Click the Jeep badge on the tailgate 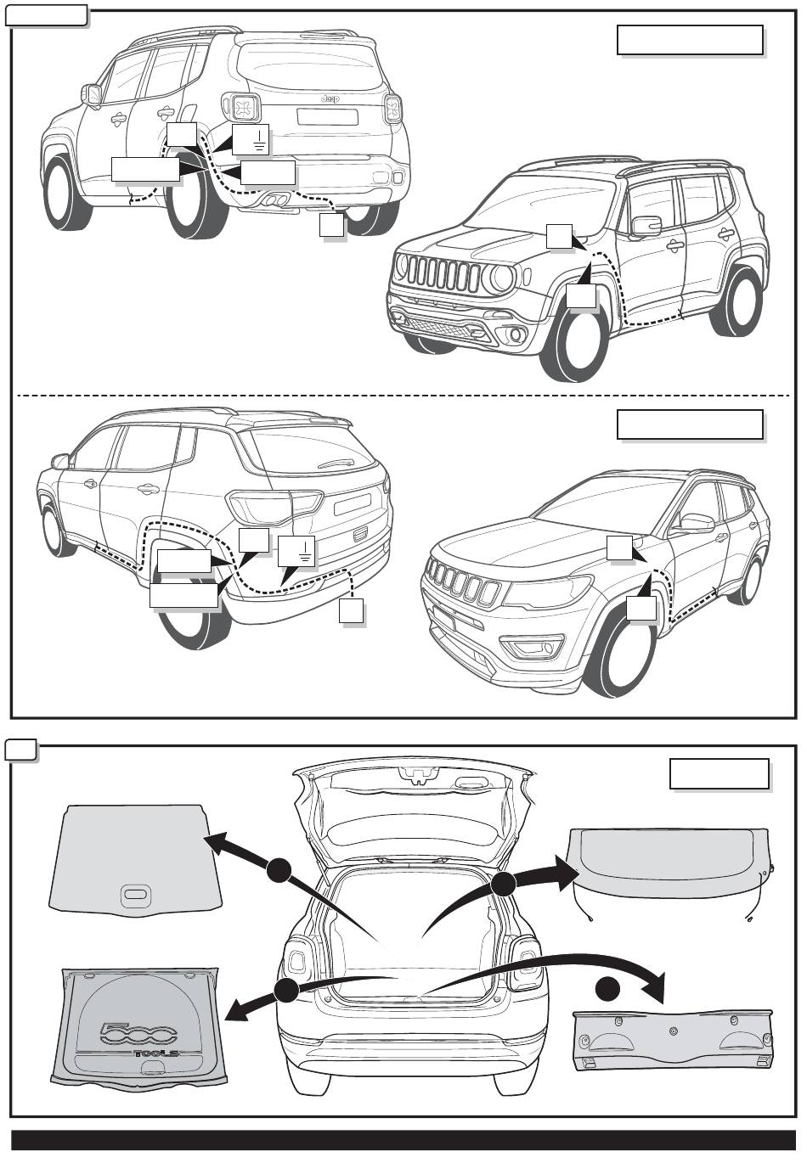pyautogui.click(x=330, y=99)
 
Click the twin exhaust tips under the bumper pyautogui.click(x=274, y=201)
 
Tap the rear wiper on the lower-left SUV pyautogui.click(x=336, y=463)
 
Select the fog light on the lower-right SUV pyautogui.click(x=532, y=652)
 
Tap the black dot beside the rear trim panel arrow pyautogui.click(x=607, y=990)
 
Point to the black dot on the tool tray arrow pyautogui.click(x=286, y=990)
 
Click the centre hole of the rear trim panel pyautogui.click(x=673, y=1030)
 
